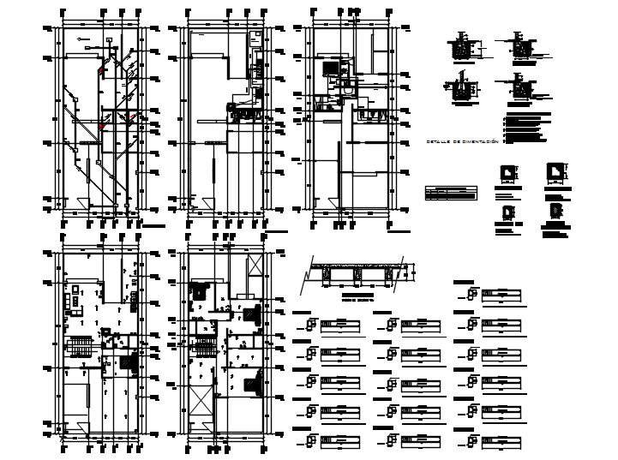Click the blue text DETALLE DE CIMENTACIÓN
coord(463,140)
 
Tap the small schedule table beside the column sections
coord(452,193)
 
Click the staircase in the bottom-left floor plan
coord(80,346)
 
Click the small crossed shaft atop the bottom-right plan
coord(254,264)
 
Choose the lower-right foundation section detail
coord(521,87)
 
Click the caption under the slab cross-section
coord(353,298)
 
